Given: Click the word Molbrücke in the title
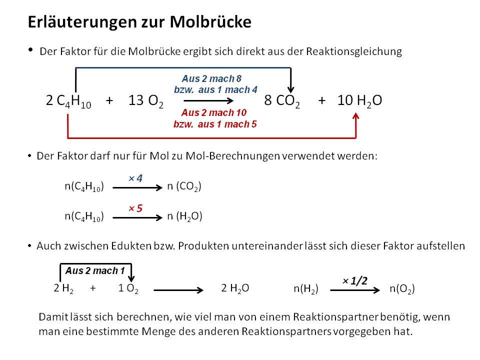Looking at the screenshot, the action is pyautogui.click(x=210, y=22).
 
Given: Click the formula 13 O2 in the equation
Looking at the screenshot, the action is pyautogui.click(x=145, y=100).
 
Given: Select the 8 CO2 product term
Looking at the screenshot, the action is pyautogui.click(x=282, y=100).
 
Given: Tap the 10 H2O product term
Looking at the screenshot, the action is pyautogui.click(x=359, y=100).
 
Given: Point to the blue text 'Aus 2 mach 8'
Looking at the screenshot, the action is pyautogui.click(x=211, y=78).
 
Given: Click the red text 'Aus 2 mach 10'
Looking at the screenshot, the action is pyautogui.click(x=213, y=112).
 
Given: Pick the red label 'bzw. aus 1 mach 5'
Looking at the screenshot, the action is pyautogui.click(x=215, y=124).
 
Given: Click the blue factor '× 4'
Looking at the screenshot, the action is pyautogui.click(x=135, y=178).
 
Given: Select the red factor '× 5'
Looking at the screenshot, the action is pyautogui.click(x=135, y=208).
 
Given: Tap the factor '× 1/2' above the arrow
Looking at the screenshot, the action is pyautogui.click(x=355, y=280).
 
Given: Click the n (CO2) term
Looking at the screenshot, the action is pyautogui.click(x=184, y=186).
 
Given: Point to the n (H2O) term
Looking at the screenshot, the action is pyautogui.click(x=184, y=216).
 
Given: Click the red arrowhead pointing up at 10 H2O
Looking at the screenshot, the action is pyautogui.click(x=355, y=116).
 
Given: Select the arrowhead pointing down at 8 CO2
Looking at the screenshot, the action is pyautogui.click(x=291, y=89).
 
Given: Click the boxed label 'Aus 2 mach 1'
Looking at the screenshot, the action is pyautogui.click(x=95, y=270).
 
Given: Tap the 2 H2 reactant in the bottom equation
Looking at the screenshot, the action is pyautogui.click(x=63, y=288).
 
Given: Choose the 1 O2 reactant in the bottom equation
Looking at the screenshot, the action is pyautogui.click(x=128, y=288).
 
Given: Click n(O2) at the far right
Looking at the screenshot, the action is pyautogui.click(x=402, y=288).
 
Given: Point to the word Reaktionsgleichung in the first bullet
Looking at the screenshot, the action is pyautogui.click(x=354, y=51).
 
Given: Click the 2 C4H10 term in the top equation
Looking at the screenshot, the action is pyautogui.click(x=68, y=100).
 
